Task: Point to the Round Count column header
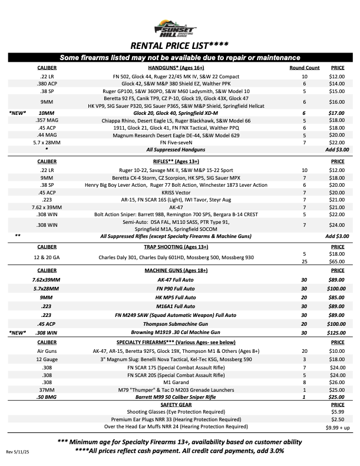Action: click(x=305, y=68)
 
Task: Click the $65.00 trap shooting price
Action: click(x=337, y=260)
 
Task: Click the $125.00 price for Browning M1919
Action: click(x=337, y=332)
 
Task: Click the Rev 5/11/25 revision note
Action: click(x=18, y=450)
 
